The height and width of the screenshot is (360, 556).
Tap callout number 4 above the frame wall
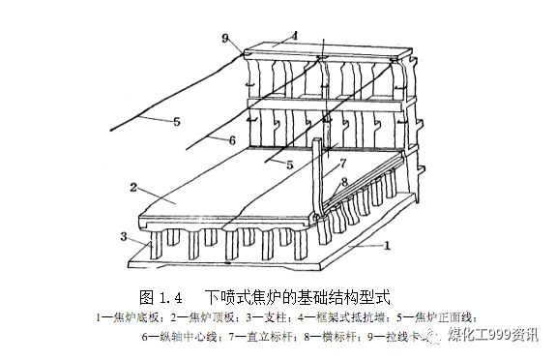294,36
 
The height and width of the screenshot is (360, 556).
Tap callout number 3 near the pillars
123,235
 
